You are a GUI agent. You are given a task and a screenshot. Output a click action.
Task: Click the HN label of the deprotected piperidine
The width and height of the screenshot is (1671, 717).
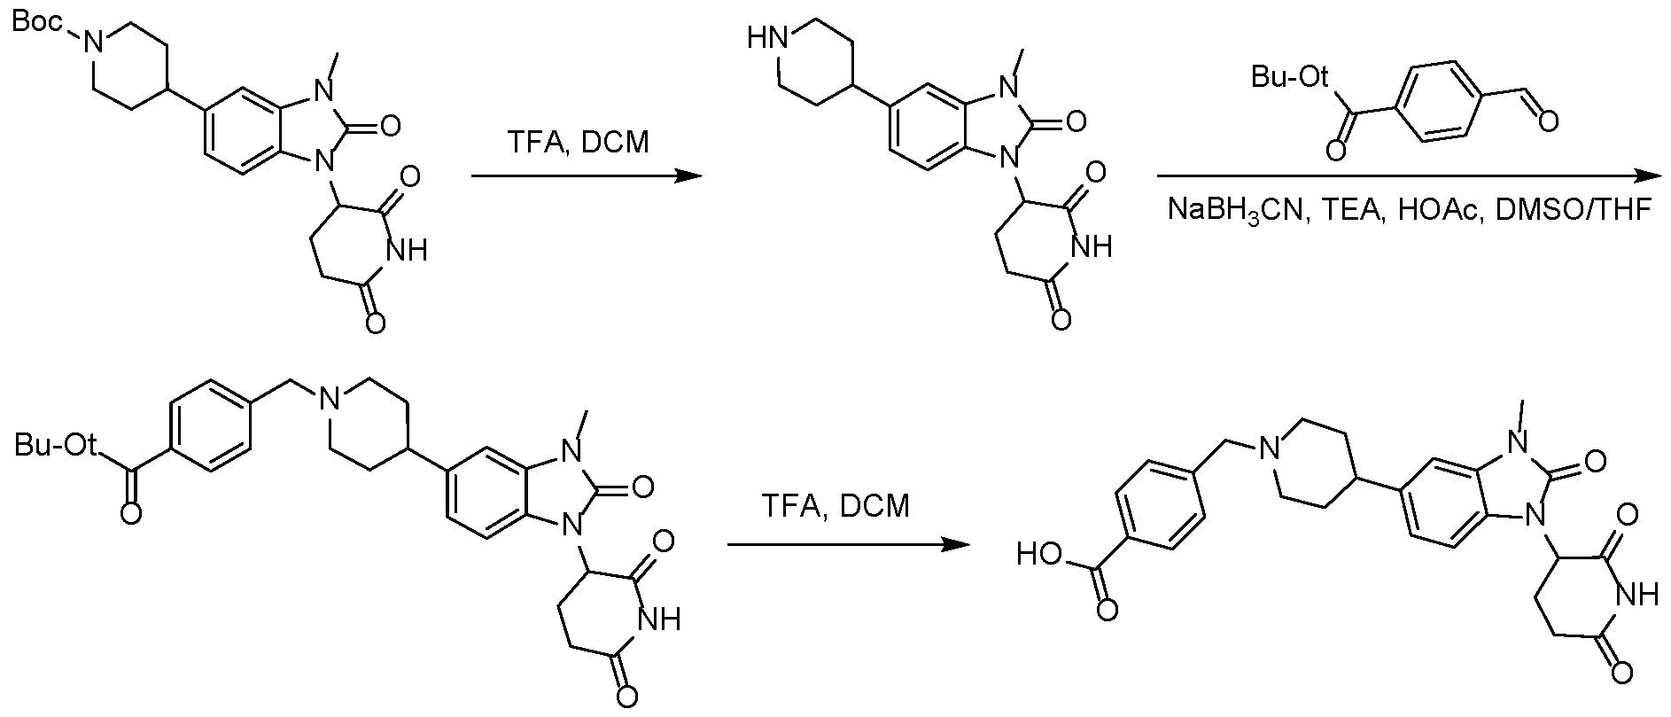pyautogui.click(x=767, y=38)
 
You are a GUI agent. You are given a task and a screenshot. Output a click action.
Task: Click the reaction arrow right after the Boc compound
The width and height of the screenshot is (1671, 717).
pyautogui.click(x=586, y=176)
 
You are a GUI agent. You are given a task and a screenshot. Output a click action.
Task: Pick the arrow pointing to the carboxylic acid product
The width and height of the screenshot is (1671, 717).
pyautogui.click(x=845, y=545)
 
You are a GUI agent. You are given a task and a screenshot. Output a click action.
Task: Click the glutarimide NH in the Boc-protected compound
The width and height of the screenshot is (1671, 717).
pyautogui.click(x=407, y=252)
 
